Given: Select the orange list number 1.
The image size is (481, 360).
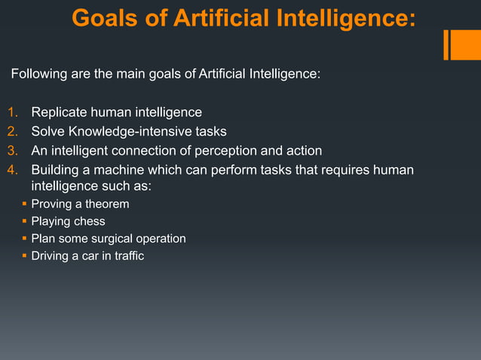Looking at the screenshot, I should coord(12,113).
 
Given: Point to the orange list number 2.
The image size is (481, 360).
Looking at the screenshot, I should coord(12,132).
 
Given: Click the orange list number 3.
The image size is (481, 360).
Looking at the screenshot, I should coord(12,151).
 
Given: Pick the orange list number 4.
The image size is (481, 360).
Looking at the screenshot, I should coord(12,169).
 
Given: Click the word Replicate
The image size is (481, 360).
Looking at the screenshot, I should coord(60,113).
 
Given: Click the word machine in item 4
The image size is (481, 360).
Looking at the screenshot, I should coord(118,169).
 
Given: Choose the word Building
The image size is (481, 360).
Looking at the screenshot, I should coord(55,169).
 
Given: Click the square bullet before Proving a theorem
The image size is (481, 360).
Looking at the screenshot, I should coord(24,204).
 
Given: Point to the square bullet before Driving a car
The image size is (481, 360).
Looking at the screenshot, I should coord(24,256).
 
